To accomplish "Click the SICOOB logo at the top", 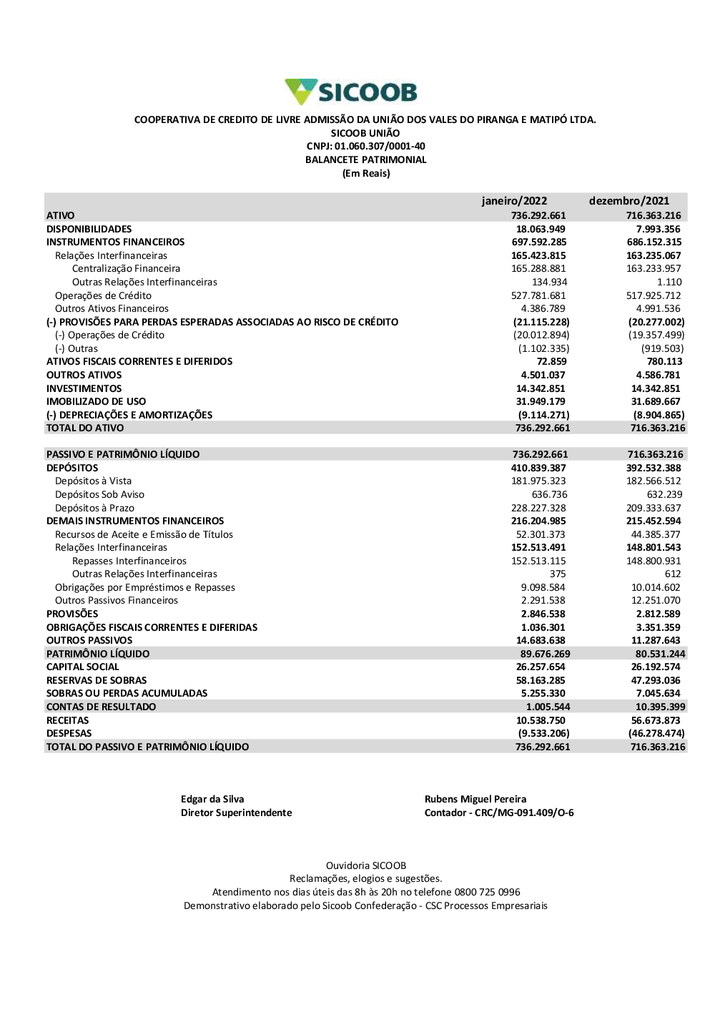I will coord(351,92).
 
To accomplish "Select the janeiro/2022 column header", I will coord(514,201).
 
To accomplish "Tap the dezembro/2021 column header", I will coord(629,201).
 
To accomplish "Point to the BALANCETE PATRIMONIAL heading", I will coord(365,160).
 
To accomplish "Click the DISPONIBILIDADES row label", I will coord(89,229).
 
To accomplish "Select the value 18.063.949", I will coord(541,229).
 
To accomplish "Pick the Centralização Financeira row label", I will coord(126,269).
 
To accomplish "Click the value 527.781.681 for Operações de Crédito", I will coord(538,295).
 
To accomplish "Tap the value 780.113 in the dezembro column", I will coord(664,362).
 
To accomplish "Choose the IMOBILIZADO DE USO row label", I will coord(96,402).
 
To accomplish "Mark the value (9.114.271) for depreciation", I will coord(543,415).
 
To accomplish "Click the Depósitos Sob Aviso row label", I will coord(99,495).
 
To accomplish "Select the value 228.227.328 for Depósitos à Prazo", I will coord(538,508).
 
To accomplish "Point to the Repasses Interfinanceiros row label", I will coord(129,561).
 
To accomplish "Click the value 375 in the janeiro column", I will coord(558,574).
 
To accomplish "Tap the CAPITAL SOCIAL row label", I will coord(82,667).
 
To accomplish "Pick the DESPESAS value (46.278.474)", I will coord(656,734).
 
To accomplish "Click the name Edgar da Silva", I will coord(212,800).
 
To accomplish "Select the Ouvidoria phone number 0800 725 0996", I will coord(487,893).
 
